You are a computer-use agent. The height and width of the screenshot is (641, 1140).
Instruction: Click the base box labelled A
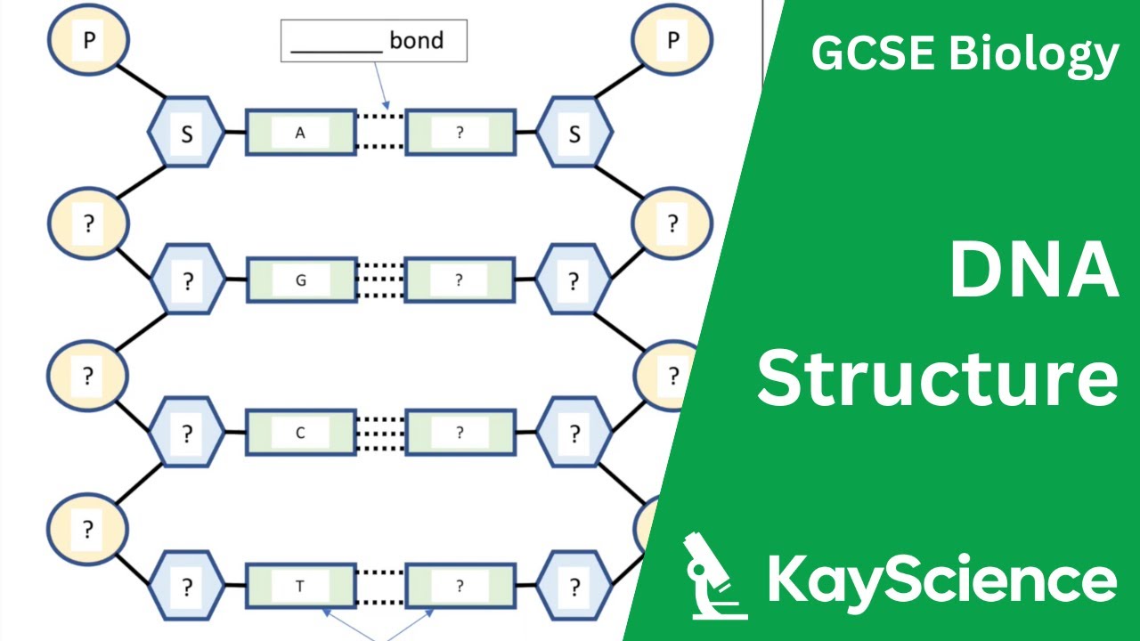tap(300, 133)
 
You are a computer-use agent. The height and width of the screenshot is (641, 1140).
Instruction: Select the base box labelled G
tap(300, 280)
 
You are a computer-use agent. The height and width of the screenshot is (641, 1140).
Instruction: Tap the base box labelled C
tap(300, 434)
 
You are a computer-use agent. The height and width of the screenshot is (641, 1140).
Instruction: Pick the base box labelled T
tap(300, 586)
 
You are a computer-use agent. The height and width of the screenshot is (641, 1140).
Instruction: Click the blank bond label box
tap(374, 41)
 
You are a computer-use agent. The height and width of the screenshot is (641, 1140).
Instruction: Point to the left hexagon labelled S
tap(187, 134)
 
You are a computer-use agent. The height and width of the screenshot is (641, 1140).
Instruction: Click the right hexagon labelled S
tap(574, 134)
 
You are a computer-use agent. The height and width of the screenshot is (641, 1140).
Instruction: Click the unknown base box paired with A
tap(460, 133)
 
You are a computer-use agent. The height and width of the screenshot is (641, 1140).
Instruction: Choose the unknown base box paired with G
tap(460, 280)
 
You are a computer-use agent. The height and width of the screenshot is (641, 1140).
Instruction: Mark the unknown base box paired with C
tap(460, 434)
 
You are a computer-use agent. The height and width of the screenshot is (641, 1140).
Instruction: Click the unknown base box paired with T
tap(460, 586)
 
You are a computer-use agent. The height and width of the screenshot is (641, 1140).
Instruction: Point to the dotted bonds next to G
tap(381, 280)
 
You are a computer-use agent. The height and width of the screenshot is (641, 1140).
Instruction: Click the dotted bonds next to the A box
tap(381, 132)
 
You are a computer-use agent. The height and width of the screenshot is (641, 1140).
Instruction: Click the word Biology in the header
tap(1033, 55)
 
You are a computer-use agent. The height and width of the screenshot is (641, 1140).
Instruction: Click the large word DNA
tap(1033, 272)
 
